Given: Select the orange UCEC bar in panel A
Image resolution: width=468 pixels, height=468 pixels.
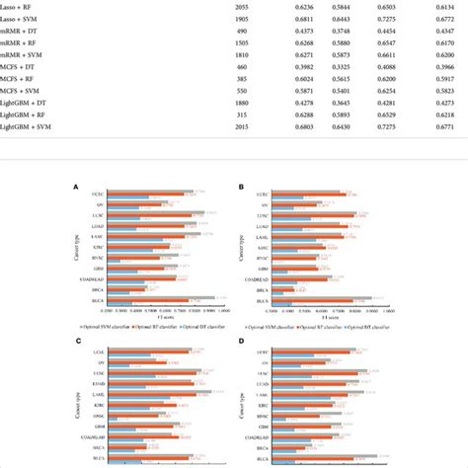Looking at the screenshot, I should pyautogui.click(x=148, y=195).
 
